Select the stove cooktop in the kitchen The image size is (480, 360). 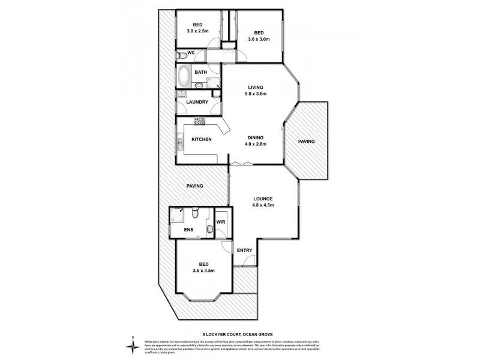coord(199,121)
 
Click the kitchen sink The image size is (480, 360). coord(179,144)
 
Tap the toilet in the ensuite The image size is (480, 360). coord(195,214)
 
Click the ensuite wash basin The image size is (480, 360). coord(208,229)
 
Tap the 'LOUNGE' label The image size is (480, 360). coord(263,199)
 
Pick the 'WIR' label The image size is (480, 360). coord(221,227)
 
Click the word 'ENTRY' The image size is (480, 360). coord(244,251)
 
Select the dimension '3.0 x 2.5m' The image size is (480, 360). coord(199,30)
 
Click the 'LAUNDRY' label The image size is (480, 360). coord(197,102)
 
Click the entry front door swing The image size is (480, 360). coord(251,261)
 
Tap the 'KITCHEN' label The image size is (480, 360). coord(201,140)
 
